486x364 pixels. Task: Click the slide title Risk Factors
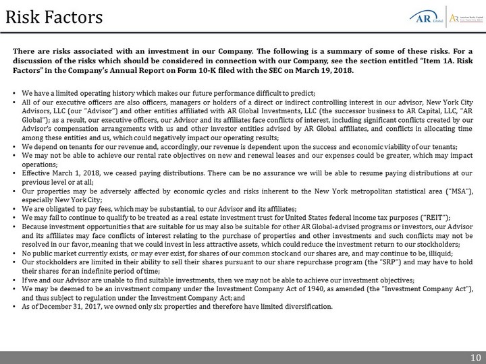coord(53,15)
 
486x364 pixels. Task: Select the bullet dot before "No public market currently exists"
coord(15,252)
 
